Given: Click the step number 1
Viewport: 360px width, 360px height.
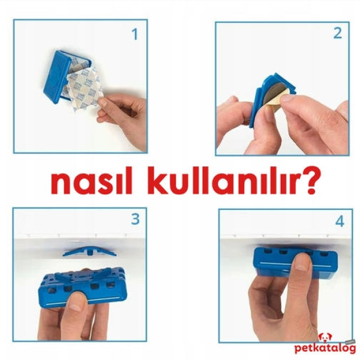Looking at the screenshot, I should pos(134,34).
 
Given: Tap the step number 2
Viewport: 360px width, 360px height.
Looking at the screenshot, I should pos(337,34).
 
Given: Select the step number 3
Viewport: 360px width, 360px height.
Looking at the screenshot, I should pos(135,220).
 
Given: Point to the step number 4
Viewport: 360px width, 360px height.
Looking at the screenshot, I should pos(340,221).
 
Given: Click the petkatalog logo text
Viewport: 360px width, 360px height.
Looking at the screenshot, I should pos(324,349).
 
